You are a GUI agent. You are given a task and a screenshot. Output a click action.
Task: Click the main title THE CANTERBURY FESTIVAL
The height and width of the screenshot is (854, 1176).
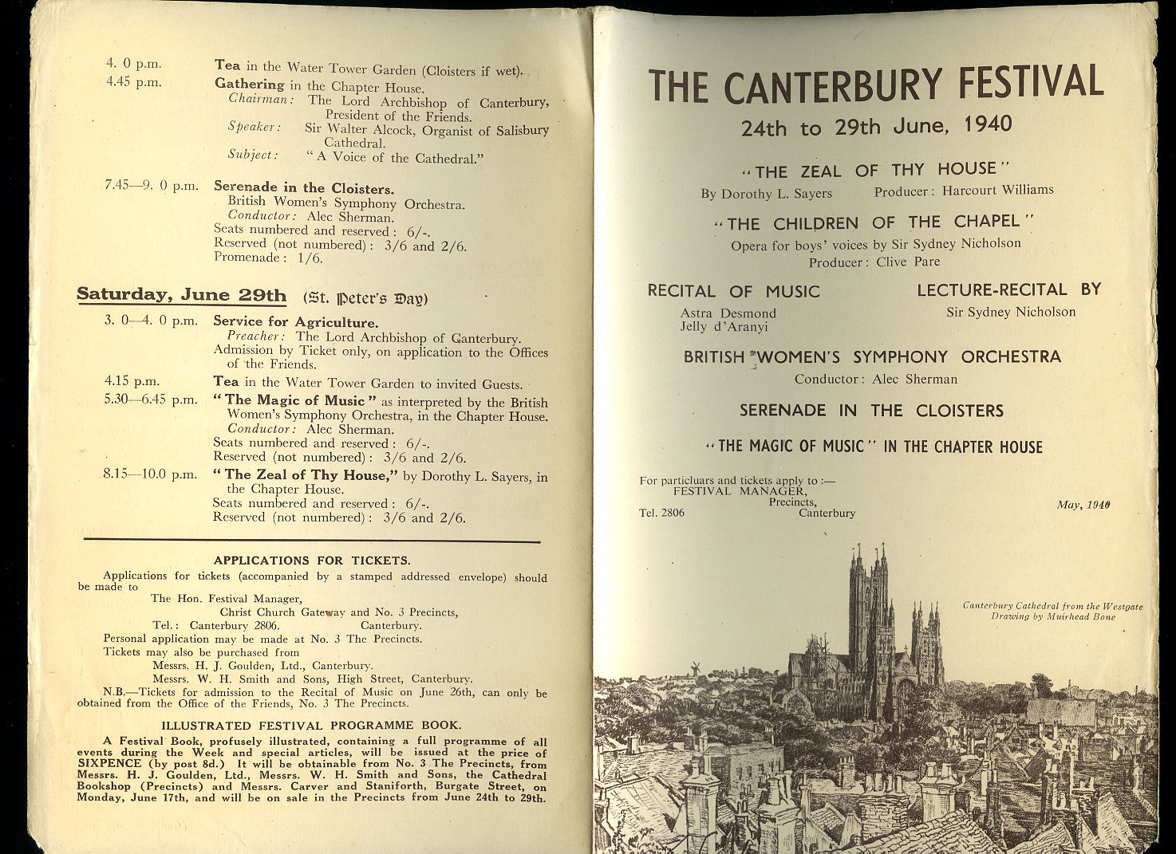coord(876,85)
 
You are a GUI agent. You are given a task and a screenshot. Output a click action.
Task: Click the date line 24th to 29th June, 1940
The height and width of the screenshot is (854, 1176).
coord(876,126)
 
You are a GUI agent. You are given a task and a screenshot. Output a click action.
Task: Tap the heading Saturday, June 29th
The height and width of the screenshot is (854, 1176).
coord(181,295)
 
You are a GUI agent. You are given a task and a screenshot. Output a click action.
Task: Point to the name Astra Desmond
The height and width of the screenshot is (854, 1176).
coord(728,313)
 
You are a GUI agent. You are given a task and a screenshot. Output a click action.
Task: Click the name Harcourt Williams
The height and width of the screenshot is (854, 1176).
coord(997,191)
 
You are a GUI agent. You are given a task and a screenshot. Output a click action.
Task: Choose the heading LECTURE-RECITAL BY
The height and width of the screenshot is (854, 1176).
coord(1008,289)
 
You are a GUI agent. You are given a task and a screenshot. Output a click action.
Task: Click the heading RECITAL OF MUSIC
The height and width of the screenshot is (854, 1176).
coord(733,291)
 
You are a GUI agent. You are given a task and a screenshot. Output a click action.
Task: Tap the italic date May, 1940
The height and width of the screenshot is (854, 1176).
coord(1083,504)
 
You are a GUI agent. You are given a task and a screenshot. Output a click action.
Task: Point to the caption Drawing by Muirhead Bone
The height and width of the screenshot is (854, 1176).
coord(1053,616)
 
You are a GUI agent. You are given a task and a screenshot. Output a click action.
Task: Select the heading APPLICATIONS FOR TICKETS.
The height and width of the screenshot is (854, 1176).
coord(312,560)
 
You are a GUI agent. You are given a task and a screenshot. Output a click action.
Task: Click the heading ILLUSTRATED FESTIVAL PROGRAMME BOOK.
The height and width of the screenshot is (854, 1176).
coord(311,725)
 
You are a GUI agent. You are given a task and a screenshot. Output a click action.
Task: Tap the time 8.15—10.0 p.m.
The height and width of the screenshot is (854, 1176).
coord(149,474)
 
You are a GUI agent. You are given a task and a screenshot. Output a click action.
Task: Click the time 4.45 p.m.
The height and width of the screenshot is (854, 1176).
coord(134,82)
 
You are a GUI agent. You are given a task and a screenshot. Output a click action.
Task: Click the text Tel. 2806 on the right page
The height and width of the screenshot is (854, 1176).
coord(661,513)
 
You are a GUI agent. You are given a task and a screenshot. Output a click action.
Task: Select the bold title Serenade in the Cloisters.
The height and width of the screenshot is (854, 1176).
coord(303,189)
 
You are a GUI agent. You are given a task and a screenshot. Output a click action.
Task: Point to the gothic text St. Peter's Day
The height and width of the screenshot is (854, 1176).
coord(365,298)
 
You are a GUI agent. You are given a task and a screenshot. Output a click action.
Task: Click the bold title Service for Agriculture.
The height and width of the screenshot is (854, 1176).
coord(295,322)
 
